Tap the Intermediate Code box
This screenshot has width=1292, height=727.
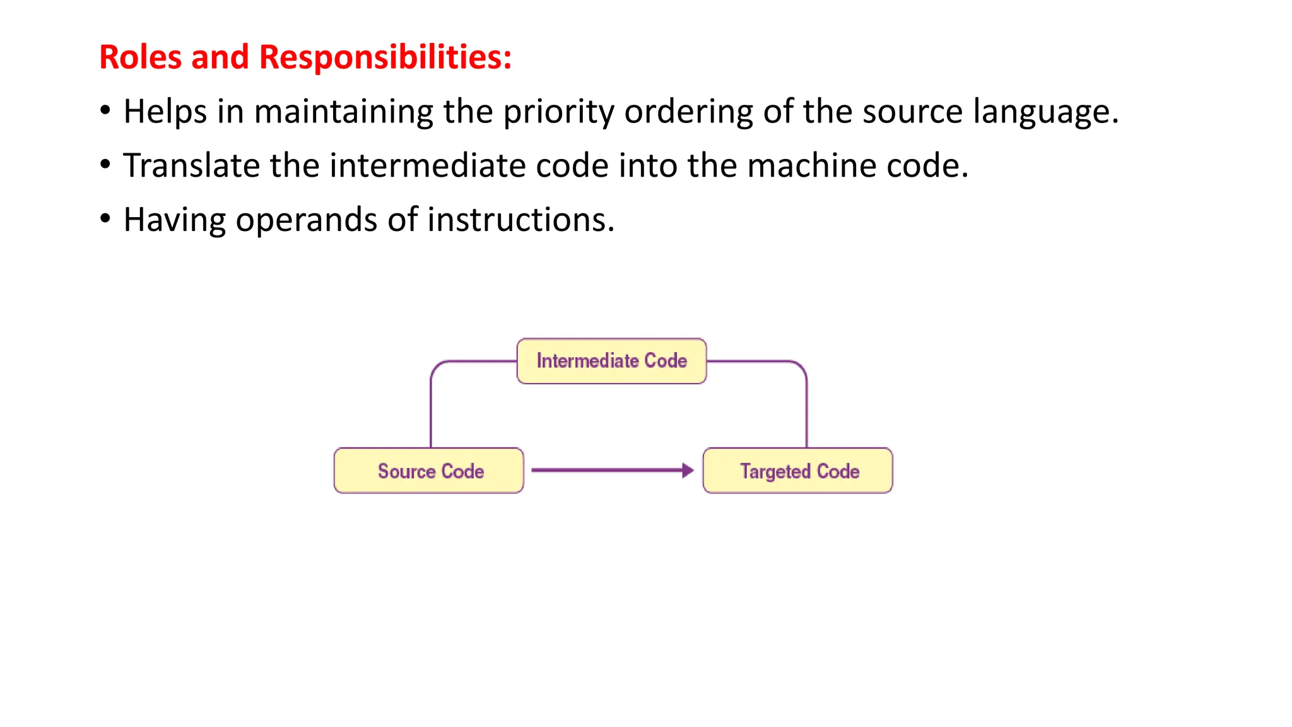(x=611, y=361)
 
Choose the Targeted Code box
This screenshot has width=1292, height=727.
(x=798, y=471)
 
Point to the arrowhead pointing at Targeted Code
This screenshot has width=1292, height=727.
(x=688, y=470)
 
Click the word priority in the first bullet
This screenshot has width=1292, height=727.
(x=558, y=112)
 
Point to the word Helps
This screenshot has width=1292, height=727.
(x=165, y=112)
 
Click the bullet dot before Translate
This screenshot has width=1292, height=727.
(x=105, y=165)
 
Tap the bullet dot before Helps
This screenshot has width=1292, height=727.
(x=105, y=110)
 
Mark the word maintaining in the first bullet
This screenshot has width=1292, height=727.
(x=343, y=112)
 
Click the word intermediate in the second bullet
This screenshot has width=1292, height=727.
(x=428, y=166)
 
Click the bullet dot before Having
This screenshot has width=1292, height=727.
(x=105, y=219)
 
